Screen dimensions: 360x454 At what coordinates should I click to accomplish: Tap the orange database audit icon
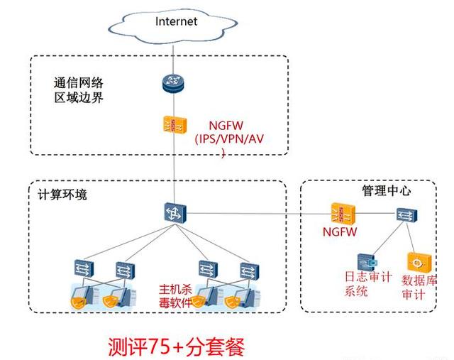tap(414, 262)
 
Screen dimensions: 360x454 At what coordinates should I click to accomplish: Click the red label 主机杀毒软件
tap(174, 295)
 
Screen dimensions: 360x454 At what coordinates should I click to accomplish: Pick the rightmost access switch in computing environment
tap(249, 269)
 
